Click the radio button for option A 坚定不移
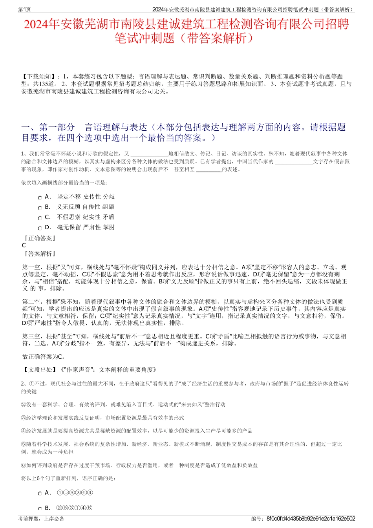coord(40,198)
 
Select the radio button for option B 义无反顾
coord(40,208)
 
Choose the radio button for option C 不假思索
coord(40,218)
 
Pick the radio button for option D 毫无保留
coord(40,228)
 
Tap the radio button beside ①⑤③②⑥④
coord(40,494)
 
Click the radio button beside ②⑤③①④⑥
coord(40,509)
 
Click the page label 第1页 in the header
coord(25,9)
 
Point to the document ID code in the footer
coord(311,519)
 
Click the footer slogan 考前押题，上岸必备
coord(41,519)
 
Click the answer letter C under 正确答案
coord(24,245)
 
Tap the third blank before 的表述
coord(208,170)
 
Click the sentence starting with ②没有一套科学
coord(123,404)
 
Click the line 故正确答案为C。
coord(44,357)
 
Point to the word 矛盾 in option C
coord(108,217)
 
